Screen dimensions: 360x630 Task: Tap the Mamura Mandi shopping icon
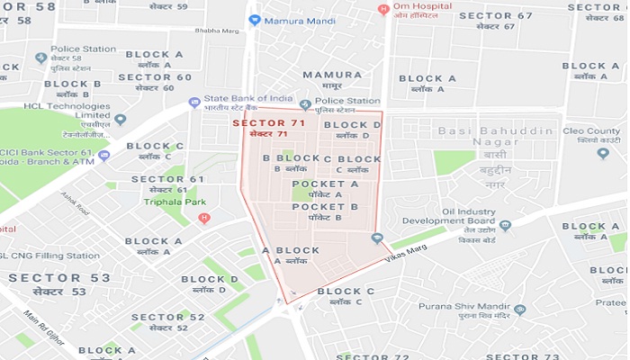tap(255, 19)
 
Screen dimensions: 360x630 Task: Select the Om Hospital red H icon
tap(384, 10)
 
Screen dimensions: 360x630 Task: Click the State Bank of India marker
tap(194, 103)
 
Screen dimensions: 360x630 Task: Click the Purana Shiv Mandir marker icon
tap(519, 310)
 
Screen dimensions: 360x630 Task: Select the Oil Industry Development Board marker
tap(506, 226)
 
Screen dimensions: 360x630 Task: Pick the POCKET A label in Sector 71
tap(325, 184)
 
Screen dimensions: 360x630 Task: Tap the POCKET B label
tap(325, 207)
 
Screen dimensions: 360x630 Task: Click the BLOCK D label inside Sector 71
tap(352, 125)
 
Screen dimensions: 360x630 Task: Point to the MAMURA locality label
tap(332, 75)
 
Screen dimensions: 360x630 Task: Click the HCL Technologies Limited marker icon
tap(120, 119)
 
